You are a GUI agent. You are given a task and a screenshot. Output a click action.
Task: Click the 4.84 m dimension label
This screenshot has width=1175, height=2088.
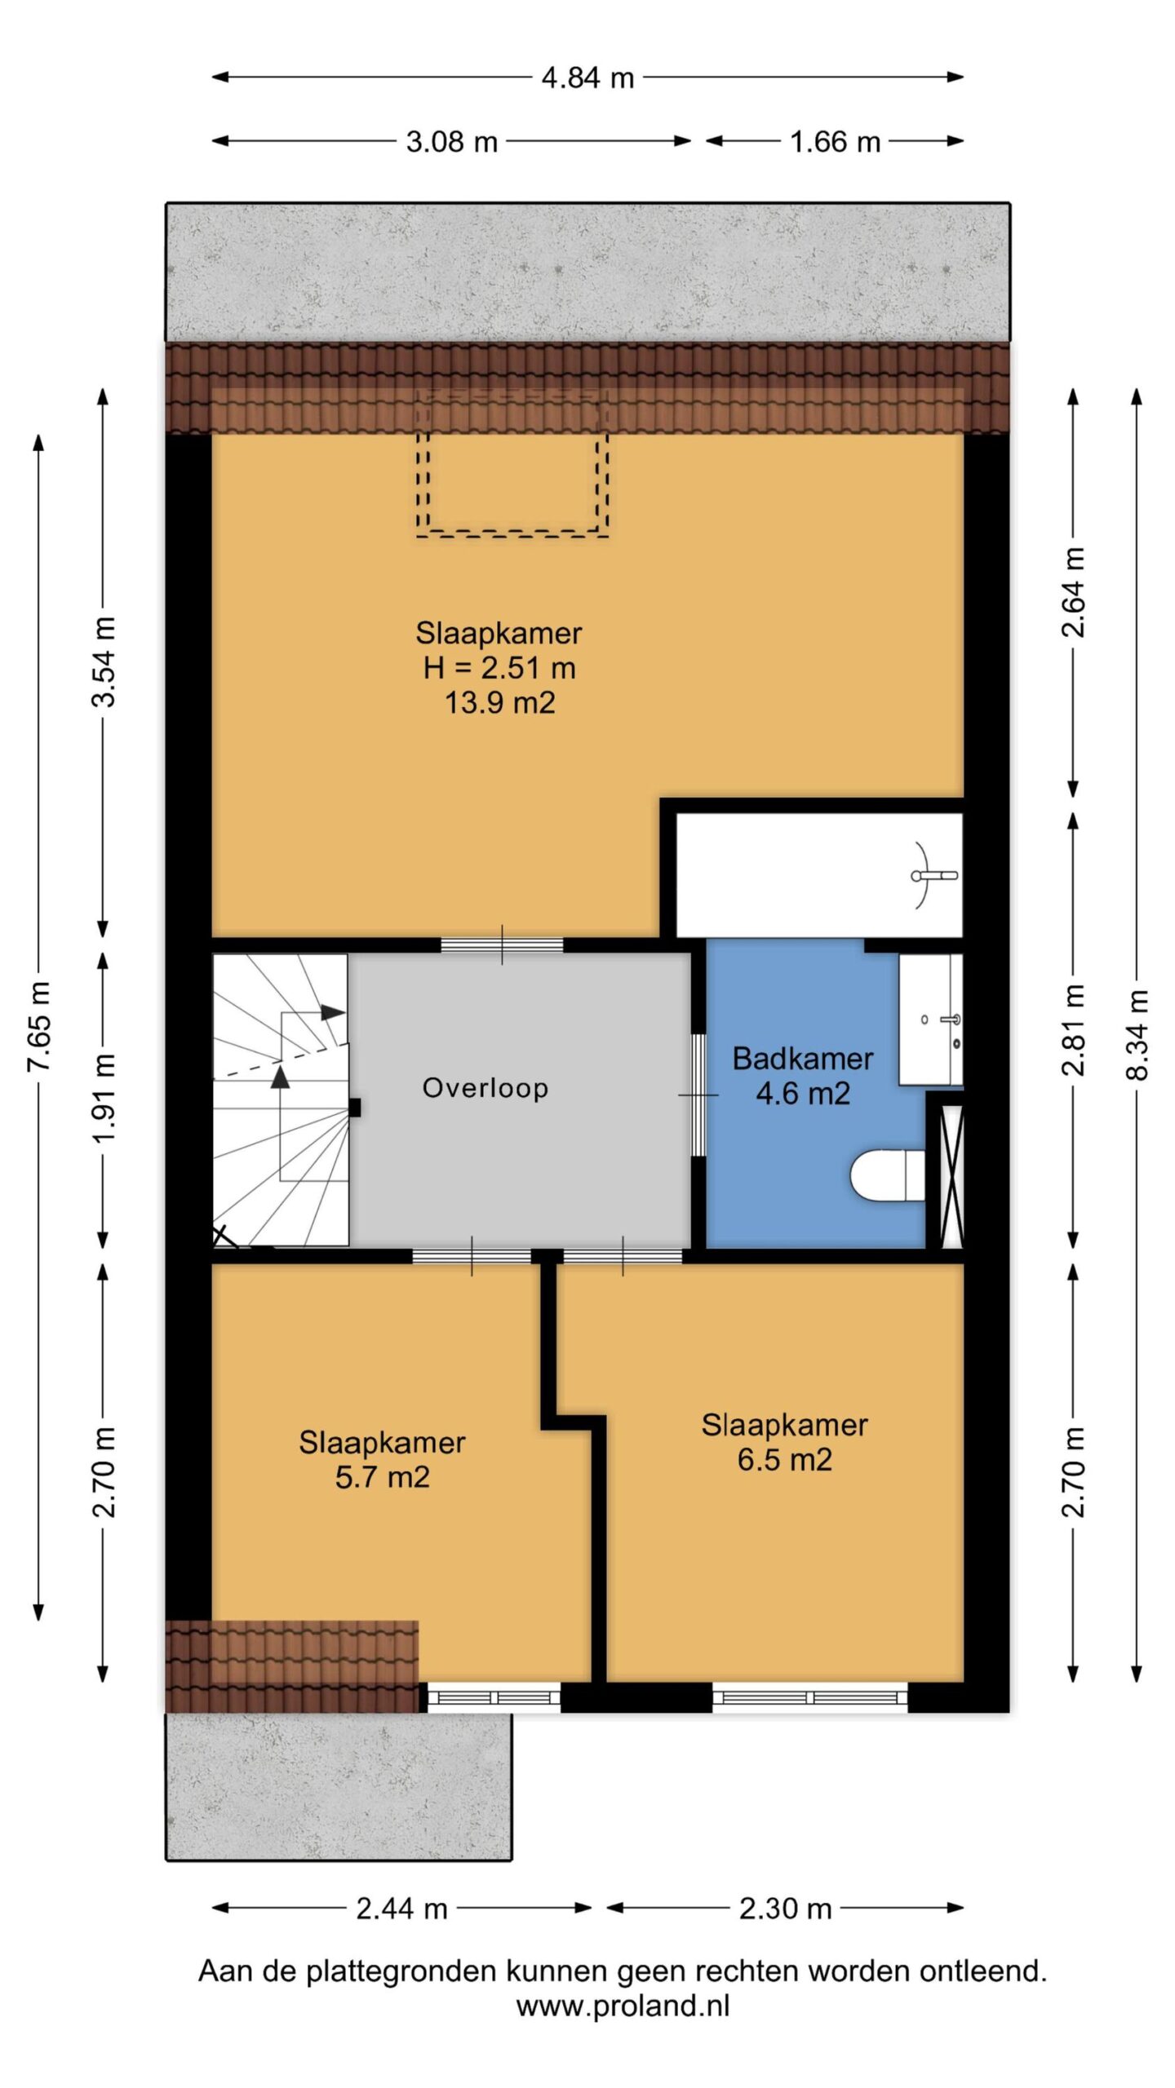[x=587, y=77]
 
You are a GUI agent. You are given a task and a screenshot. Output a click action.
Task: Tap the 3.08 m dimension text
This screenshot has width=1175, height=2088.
[x=452, y=142]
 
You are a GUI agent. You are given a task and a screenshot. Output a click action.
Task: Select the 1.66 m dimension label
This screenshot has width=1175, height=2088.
[x=835, y=142]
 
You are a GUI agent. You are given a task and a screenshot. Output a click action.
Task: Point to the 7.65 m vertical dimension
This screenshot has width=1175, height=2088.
[x=38, y=1026]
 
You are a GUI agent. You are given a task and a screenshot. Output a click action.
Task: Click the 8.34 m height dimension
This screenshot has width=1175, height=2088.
[x=1137, y=1034]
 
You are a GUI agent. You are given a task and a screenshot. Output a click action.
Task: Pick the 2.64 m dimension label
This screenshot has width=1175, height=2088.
[x=1073, y=592]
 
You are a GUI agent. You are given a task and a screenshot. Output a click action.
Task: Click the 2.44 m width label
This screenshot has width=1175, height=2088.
[x=401, y=1909]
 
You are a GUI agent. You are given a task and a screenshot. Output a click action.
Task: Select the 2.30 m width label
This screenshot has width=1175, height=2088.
[x=785, y=1909]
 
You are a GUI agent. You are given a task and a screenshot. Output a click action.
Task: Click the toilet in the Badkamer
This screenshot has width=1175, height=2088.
[x=888, y=1175]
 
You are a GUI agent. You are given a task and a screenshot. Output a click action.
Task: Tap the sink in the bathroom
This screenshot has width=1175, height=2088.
[x=931, y=1019]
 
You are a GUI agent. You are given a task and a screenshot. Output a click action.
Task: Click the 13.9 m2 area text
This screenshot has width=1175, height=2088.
[x=499, y=702]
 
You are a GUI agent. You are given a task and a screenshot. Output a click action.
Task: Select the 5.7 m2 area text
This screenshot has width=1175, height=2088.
[x=382, y=1477]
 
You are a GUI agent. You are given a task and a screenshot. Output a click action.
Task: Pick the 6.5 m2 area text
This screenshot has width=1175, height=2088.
[x=784, y=1459]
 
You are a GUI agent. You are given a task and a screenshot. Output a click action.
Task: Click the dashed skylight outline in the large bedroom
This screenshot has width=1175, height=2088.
[x=512, y=534]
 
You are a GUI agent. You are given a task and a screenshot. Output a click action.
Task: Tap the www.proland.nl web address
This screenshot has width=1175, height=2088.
[x=623, y=2006]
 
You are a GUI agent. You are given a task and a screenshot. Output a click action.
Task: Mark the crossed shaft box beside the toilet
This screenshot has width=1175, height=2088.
[x=952, y=1176]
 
